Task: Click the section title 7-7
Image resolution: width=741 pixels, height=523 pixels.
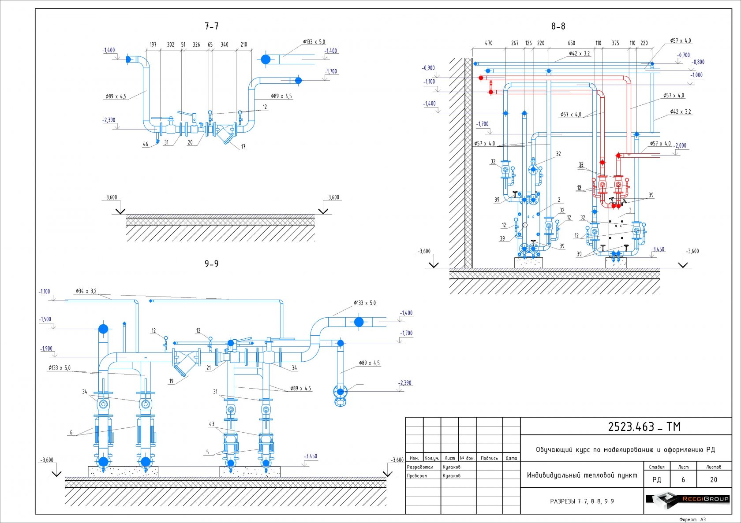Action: [212, 26]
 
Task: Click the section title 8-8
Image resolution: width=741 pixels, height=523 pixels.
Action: [558, 26]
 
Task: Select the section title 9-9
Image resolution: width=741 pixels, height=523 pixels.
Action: [212, 264]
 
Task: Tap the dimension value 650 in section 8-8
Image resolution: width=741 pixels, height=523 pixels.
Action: [571, 43]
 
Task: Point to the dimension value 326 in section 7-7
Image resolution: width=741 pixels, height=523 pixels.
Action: [196, 45]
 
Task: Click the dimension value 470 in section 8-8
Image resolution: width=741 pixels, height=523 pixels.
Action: [489, 43]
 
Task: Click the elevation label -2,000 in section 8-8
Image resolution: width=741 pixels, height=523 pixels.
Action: [680, 145]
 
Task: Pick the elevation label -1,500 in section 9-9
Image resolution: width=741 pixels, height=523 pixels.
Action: [45, 319]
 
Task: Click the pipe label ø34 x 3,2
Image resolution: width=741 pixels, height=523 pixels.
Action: [86, 291]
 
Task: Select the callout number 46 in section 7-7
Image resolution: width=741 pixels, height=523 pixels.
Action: [146, 144]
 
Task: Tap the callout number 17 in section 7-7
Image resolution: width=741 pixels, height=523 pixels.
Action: [243, 147]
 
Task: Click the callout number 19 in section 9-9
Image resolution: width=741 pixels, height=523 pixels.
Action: [171, 382]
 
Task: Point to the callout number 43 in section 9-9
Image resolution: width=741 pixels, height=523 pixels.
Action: [212, 424]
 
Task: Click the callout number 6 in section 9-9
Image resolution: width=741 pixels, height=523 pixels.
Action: [71, 433]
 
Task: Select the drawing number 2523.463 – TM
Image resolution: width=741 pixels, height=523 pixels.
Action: [644, 427]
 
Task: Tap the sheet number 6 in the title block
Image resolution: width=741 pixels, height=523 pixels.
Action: [683, 480]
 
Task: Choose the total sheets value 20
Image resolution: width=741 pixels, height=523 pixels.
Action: [714, 480]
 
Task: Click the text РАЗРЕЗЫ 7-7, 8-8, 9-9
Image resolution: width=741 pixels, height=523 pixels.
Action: [582, 501]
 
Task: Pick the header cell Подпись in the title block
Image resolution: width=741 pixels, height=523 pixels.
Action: [489, 458]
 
